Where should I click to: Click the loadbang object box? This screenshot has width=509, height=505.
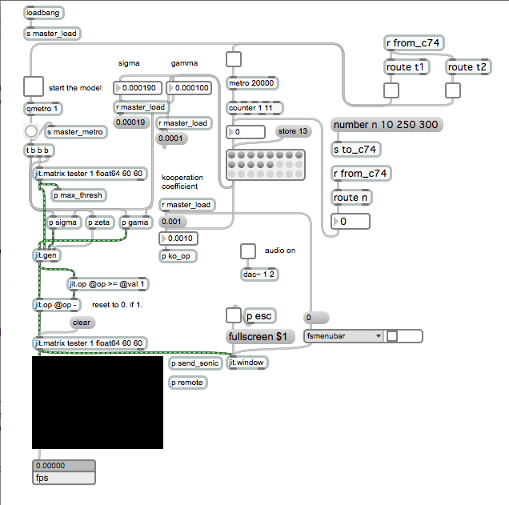(x=43, y=13)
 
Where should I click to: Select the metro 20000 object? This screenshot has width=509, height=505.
(x=252, y=83)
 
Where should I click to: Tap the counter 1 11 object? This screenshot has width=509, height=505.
(x=254, y=108)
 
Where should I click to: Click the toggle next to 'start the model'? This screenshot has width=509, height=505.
(x=34, y=86)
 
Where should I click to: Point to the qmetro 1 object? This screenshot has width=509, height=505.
(x=43, y=109)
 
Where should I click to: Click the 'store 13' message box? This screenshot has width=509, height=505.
(x=293, y=131)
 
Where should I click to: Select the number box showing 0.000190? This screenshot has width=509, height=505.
(x=138, y=88)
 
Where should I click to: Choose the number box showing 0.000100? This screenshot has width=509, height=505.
(x=189, y=88)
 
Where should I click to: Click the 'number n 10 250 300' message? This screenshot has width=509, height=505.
(x=387, y=125)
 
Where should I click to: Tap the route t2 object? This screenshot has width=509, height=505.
(x=467, y=67)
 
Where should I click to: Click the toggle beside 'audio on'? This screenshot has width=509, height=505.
(x=248, y=251)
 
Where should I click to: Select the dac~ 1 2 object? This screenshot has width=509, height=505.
(x=259, y=275)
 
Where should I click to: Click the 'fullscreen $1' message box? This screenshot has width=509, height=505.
(x=260, y=337)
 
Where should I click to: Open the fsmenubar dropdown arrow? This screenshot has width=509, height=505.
(x=379, y=336)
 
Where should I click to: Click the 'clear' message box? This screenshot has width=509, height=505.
(x=82, y=323)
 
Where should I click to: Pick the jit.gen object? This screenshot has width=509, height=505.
(x=46, y=255)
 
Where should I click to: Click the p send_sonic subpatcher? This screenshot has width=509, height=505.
(x=195, y=363)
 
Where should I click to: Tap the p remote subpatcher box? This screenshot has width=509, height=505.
(x=187, y=383)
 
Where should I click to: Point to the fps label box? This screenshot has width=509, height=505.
(x=64, y=478)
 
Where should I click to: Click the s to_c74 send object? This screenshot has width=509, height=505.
(x=355, y=150)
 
